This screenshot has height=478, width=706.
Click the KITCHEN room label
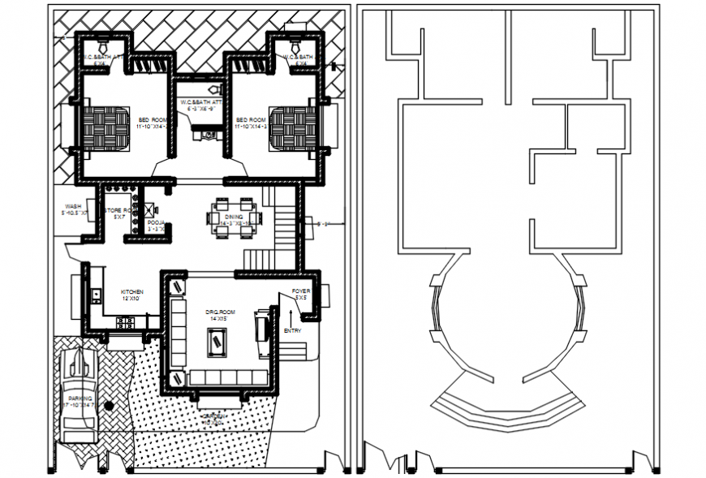pos(132,292)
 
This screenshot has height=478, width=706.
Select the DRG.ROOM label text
pos(220,312)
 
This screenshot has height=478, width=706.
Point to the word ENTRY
pos(293,331)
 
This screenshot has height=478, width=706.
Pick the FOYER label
pos(300,291)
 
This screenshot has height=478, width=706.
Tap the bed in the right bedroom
pos(293,126)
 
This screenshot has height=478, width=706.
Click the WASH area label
pos(73,208)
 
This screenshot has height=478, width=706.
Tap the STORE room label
pos(118,212)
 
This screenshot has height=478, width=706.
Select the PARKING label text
pos(80,399)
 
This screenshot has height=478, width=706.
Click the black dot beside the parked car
pos(118,403)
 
